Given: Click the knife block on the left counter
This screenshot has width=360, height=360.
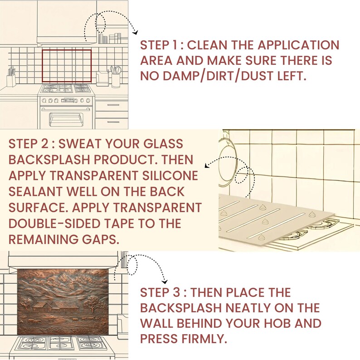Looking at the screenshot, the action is click(x=11, y=78).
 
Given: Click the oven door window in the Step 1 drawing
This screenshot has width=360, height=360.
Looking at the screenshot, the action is click(x=66, y=119).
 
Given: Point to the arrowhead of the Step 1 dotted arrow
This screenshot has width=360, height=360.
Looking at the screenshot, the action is click(x=136, y=33).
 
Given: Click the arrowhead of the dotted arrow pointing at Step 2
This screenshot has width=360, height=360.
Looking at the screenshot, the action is click(x=207, y=165).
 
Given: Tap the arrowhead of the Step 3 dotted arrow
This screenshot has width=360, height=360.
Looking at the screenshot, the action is click(x=165, y=282).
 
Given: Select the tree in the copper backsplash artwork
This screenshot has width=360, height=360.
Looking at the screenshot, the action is click(x=92, y=303).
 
